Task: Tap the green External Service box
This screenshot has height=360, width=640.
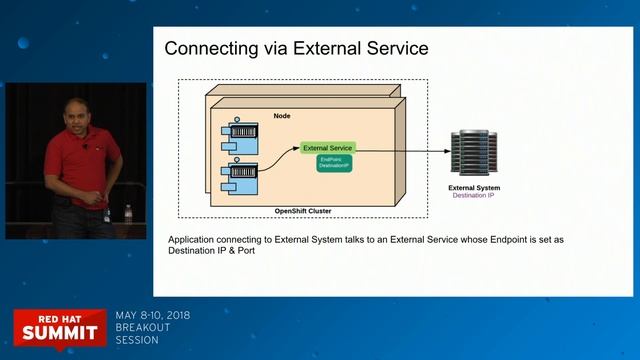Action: point(328,148)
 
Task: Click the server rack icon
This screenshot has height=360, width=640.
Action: point(475,152)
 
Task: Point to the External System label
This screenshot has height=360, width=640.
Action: point(474,187)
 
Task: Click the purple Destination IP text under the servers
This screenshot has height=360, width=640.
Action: point(474,195)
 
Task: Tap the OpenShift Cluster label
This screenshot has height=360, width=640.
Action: point(303,211)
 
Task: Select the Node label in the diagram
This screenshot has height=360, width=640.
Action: point(282,115)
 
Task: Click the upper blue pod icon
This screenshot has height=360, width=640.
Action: point(242,132)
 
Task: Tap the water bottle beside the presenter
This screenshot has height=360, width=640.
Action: point(128,214)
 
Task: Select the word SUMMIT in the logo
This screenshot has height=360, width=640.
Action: point(59,330)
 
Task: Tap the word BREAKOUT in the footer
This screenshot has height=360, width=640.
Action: point(143,327)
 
